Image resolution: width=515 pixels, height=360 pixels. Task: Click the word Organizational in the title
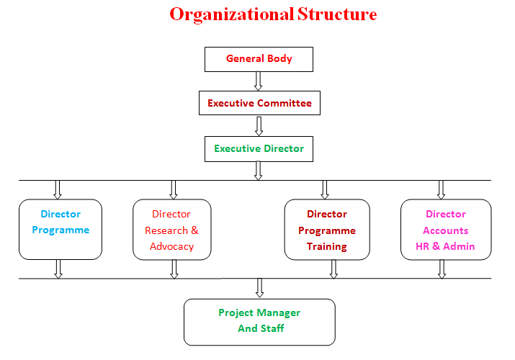(231, 14)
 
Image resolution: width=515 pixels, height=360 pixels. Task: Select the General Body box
(259, 59)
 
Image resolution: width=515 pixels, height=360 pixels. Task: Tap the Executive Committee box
(259, 103)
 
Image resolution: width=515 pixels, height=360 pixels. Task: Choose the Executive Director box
(259, 149)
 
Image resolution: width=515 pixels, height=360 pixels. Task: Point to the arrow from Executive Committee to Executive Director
(259, 126)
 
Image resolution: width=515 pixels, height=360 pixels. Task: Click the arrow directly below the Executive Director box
(259, 171)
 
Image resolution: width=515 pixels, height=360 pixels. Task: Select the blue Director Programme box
(61, 230)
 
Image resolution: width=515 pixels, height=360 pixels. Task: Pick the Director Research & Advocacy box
(172, 230)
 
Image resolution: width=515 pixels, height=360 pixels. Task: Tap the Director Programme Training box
(327, 230)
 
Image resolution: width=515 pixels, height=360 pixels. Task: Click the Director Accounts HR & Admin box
(446, 230)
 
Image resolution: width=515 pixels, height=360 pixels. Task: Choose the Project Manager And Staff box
(259, 322)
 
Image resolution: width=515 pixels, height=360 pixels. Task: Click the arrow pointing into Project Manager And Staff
(259, 288)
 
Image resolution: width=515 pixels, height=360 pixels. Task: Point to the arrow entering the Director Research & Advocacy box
(174, 189)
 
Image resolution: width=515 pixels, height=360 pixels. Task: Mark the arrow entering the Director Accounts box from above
(442, 189)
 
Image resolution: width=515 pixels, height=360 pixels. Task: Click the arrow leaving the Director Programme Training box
(333, 269)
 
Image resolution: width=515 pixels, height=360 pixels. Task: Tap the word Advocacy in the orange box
(172, 246)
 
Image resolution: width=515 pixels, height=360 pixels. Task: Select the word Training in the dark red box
(327, 246)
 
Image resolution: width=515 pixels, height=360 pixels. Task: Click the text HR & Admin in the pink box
(445, 246)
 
